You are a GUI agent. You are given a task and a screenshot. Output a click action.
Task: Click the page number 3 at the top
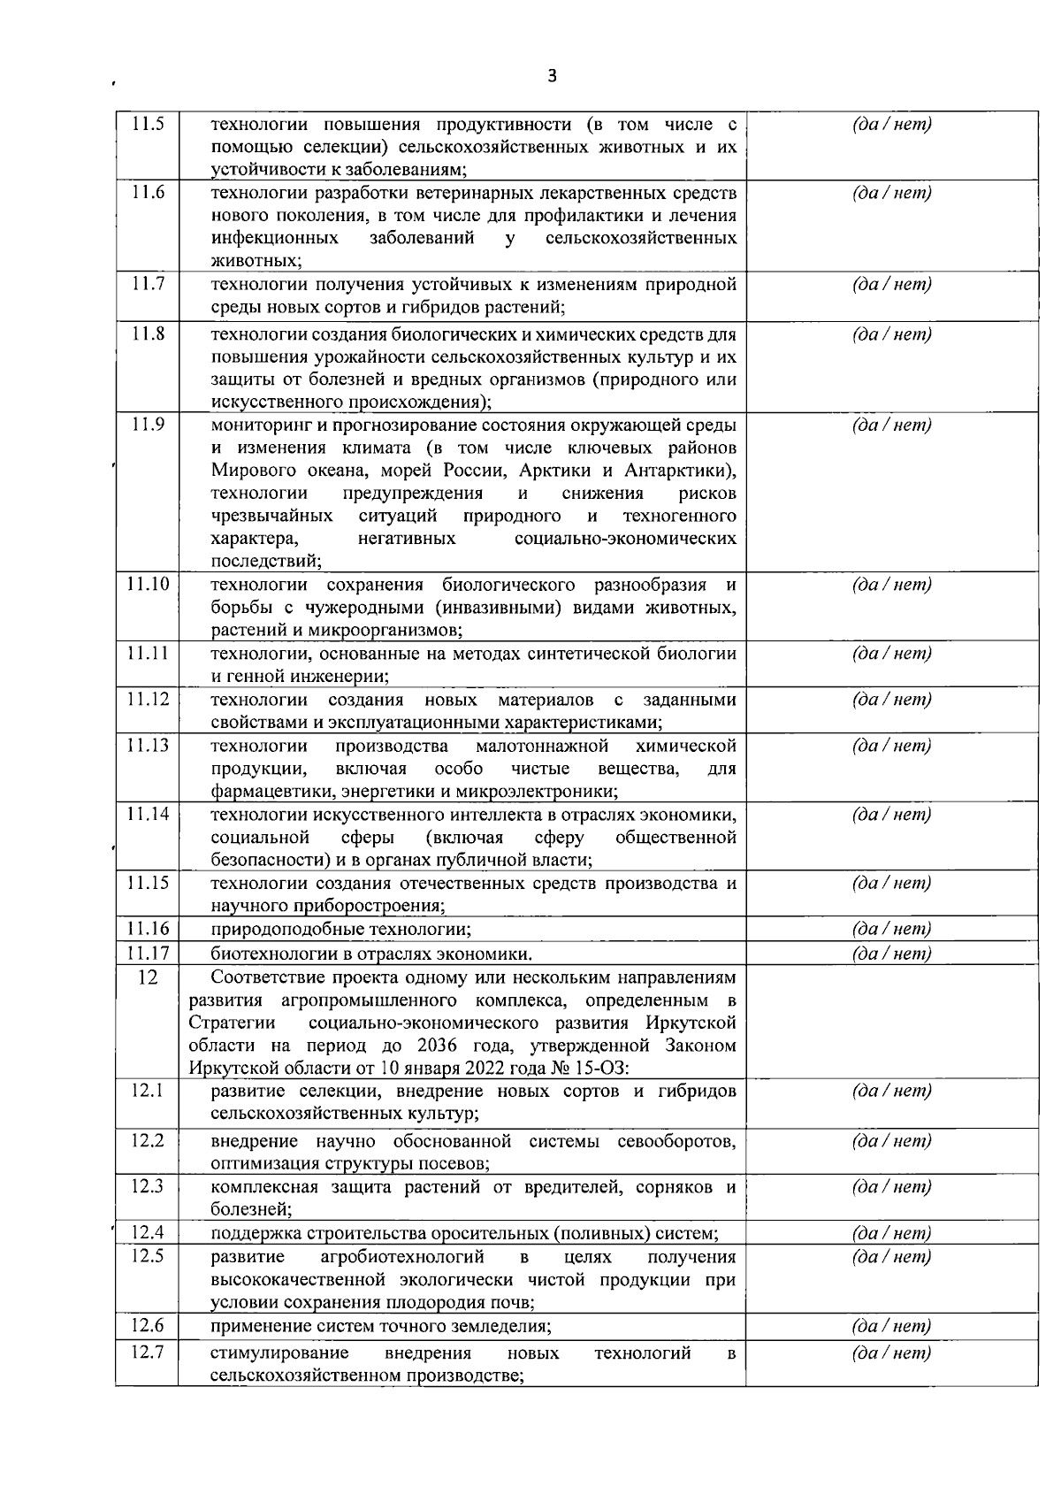(x=553, y=77)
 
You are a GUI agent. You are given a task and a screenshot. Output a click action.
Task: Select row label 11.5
(x=148, y=125)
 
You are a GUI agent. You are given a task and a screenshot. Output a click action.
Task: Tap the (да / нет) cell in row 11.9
(x=891, y=425)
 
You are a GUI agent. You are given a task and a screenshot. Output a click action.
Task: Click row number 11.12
(x=148, y=700)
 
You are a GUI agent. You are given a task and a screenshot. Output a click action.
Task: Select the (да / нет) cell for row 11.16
(x=891, y=929)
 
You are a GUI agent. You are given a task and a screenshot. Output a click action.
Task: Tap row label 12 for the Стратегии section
(x=148, y=978)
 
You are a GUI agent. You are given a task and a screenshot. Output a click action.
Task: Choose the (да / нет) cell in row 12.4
(x=891, y=1233)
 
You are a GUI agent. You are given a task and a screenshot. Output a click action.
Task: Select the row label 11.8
(x=148, y=334)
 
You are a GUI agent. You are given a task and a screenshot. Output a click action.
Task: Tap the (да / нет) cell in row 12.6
(x=891, y=1327)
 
